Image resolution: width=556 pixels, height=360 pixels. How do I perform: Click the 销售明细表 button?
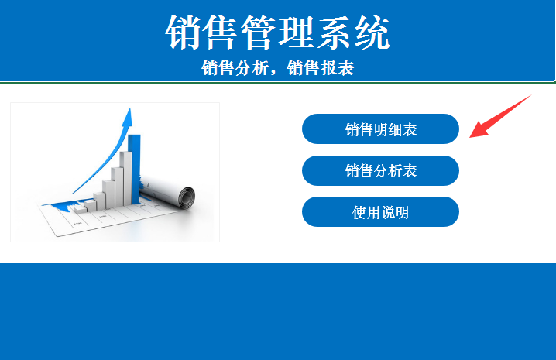click(380, 129)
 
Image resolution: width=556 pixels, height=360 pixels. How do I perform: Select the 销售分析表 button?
click(380, 170)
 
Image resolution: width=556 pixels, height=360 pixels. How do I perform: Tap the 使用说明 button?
click(380, 212)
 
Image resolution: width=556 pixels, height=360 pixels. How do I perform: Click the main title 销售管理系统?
click(278, 33)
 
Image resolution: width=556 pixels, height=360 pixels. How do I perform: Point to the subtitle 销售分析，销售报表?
click(278, 68)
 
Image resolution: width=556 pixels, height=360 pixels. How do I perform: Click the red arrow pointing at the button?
click(500, 116)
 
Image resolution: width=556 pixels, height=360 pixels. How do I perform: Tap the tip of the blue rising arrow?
click(130, 108)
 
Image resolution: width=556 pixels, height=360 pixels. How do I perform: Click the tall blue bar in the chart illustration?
click(136, 170)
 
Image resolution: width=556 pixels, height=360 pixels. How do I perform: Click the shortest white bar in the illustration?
click(80, 209)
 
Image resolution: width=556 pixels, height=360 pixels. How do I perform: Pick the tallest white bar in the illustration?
click(126, 178)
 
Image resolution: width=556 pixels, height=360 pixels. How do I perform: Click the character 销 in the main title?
click(184, 33)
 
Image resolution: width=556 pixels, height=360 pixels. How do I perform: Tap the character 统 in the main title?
click(372, 33)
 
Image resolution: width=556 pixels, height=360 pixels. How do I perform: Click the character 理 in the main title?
click(297, 33)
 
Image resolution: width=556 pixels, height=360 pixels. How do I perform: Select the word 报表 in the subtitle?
click(337, 68)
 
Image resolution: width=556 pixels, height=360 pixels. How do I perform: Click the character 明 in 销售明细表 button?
click(380, 129)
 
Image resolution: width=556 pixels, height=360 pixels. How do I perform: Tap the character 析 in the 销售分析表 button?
click(395, 171)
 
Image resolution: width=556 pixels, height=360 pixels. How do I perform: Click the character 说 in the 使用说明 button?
click(387, 212)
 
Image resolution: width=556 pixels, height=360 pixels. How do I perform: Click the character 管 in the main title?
click(259, 33)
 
